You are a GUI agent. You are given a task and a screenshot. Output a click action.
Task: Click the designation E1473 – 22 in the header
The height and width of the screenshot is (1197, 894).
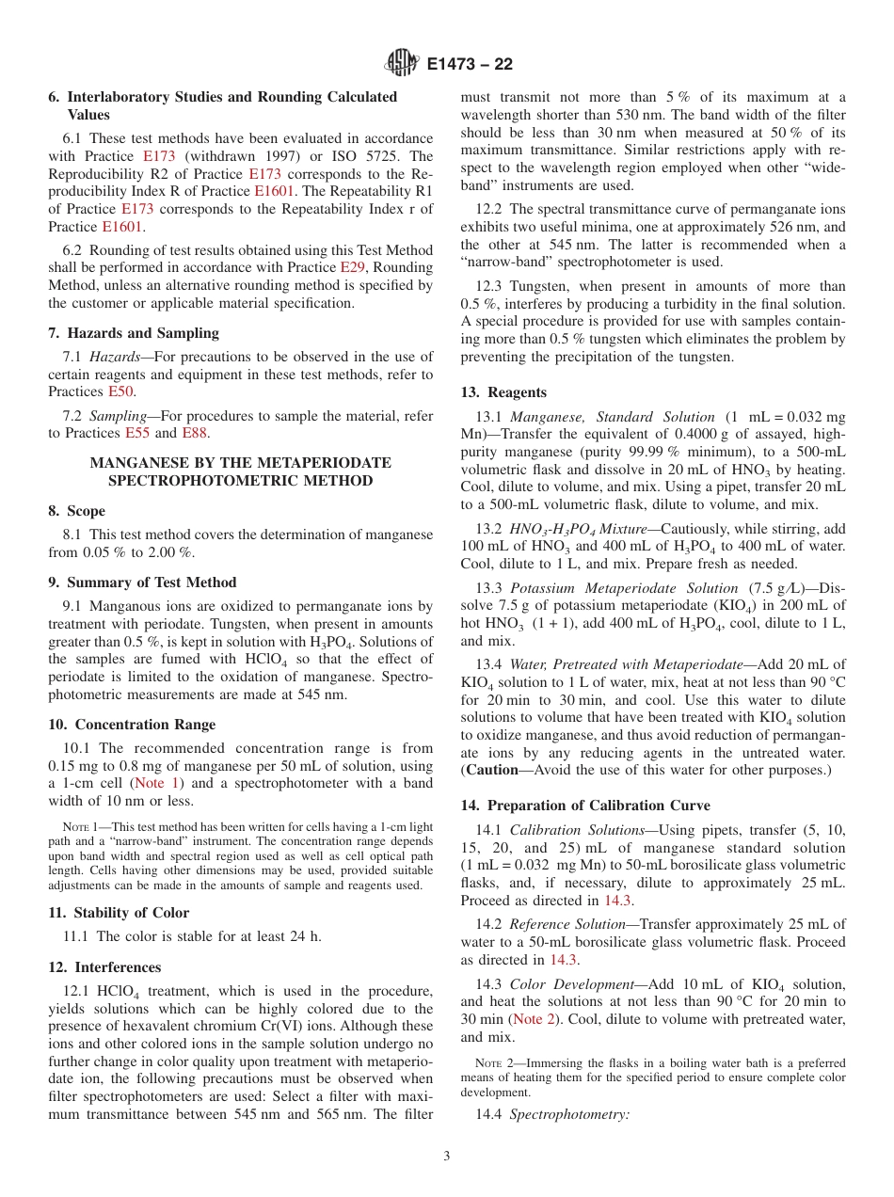470,65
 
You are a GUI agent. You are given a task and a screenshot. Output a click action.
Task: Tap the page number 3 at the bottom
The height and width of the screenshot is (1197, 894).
447,1156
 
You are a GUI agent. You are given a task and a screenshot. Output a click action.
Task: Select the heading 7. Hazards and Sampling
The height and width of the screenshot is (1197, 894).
134,333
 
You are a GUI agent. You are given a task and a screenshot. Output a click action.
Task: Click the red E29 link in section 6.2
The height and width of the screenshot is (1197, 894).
352,267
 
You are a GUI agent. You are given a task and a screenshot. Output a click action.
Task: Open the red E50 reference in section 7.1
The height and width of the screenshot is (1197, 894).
120,391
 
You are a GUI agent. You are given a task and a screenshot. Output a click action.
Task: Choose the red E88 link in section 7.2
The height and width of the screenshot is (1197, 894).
195,433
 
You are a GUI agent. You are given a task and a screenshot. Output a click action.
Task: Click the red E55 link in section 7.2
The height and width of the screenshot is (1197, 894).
137,433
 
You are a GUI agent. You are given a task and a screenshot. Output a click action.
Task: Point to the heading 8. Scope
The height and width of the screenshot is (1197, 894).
77,511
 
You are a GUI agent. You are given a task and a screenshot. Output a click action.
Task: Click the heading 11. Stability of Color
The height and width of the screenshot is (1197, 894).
119,913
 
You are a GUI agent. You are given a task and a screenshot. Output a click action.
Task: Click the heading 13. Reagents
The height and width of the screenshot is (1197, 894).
503,392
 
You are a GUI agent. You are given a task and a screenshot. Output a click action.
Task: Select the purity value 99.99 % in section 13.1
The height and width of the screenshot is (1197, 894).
615,452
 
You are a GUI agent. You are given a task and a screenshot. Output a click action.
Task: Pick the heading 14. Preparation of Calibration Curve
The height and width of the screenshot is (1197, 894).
585,806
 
